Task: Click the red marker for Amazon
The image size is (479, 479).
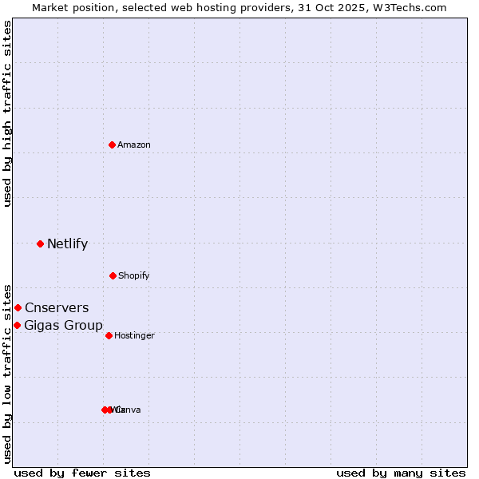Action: tap(113, 144)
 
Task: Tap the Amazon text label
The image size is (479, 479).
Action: tap(134, 144)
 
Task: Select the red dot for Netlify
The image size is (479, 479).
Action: tap(41, 243)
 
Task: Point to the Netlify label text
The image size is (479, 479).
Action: tap(68, 243)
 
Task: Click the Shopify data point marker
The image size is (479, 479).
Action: tap(113, 275)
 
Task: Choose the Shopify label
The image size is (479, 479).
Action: tap(134, 275)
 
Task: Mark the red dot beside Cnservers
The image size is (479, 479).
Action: tap(18, 307)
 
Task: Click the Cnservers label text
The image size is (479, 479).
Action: tap(57, 307)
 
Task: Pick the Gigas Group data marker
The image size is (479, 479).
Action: tap(17, 325)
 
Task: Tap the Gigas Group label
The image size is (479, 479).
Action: tap(63, 325)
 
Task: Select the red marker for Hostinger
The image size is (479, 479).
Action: tap(109, 335)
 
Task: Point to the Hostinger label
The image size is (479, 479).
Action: tap(134, 335)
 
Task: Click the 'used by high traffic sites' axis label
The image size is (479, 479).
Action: tap(7, 113)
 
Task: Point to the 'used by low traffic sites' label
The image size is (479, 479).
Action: tap(7, 373)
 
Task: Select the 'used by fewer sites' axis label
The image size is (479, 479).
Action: tap(82, 473)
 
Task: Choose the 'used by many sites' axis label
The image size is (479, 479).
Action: tap(401, 473)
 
